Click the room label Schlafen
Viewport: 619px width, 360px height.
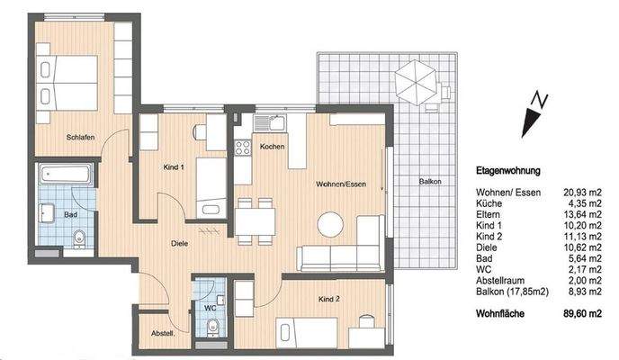click(x=80, y=138)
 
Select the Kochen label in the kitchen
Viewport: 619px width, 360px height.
click(x=273, y=146)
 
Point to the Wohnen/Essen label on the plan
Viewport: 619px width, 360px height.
click(x=339, y=184)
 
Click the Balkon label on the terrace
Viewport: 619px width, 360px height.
click(x=430, y=182)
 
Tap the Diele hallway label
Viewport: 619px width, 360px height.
click(x=180, y=242)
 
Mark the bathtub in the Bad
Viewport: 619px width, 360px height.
click(x=67, y=175)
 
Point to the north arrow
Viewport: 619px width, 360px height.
click(x=535, y=112)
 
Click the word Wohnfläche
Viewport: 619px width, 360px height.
click(x=500, y=314)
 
